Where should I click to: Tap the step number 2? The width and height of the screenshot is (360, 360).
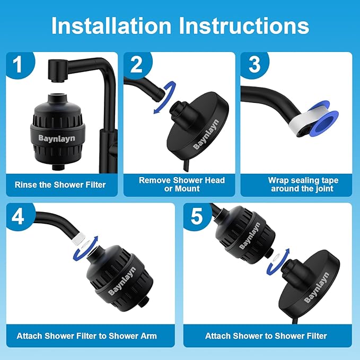click(x=137, y=66)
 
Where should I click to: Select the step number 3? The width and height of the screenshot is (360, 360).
click(x=254, y=66)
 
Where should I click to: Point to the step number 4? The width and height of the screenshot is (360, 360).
click(x=18, y=218)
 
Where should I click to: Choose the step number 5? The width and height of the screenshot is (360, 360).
click(x=197, y=218)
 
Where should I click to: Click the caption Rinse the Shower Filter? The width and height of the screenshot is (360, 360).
click(x=60, y=185)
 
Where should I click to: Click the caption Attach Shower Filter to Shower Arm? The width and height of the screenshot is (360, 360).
click(x=86, y=336)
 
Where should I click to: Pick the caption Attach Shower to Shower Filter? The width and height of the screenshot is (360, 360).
click(x=266, y=336)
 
